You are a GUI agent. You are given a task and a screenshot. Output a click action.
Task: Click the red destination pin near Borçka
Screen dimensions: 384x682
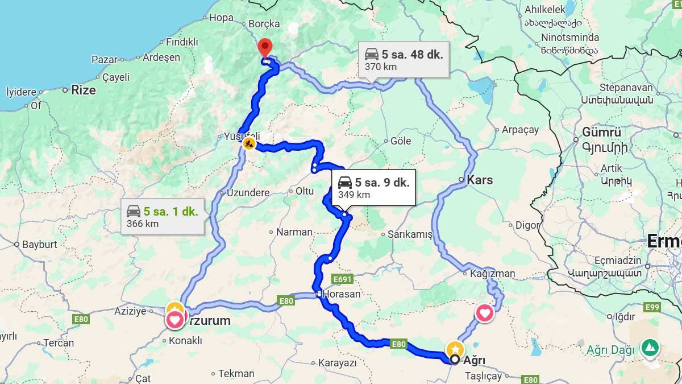265,47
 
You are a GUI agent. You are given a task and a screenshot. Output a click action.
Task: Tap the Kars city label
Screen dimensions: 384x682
480,180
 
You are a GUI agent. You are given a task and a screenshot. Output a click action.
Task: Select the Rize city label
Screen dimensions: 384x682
83,90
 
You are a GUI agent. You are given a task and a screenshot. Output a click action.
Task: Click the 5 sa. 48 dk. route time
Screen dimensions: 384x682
412,55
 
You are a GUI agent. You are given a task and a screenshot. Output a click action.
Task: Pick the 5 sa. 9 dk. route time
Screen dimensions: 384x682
382,183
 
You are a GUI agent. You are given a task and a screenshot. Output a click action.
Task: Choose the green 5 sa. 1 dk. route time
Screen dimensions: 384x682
170,212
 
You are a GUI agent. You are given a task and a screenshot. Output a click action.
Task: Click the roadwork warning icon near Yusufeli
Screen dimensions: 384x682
249,144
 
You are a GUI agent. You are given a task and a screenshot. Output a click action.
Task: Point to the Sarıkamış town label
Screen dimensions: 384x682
410,234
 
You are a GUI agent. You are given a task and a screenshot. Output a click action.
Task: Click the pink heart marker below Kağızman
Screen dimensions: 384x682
484,313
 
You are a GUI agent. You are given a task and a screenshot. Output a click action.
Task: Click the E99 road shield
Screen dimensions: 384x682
652,307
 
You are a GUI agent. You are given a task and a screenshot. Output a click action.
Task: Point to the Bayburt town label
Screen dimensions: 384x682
40,245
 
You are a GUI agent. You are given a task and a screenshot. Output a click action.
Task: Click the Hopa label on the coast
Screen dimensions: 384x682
221,18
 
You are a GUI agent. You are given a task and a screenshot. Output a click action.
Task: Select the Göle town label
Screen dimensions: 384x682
401,141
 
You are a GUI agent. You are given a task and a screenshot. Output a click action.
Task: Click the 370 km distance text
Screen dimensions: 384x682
380,67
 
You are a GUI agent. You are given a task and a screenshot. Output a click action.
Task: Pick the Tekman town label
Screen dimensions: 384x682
236,374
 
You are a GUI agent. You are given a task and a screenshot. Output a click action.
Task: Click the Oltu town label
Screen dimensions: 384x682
305,191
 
